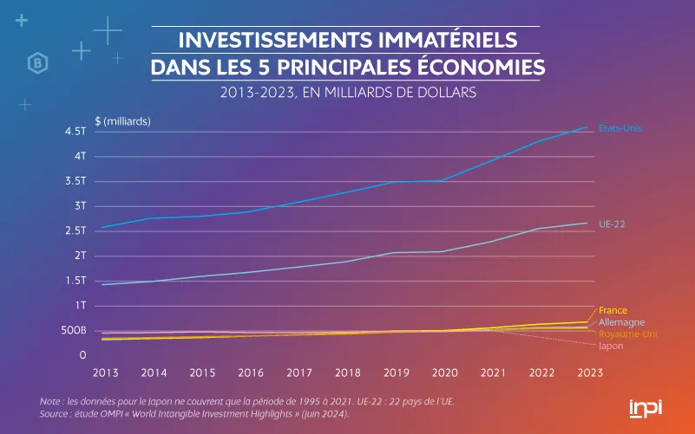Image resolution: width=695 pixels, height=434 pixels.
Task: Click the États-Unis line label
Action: pyautogui.click(x=620, y=129)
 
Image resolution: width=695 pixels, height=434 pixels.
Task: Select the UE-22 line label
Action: pyautogui.click(x=613, y=223)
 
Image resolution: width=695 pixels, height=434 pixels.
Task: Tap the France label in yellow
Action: pyautogui.click(x=613, y=310)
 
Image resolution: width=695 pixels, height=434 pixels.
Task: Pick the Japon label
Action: pyautogui.click(x=611, y=346)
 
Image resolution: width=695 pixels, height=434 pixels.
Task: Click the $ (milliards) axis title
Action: pyautogui.click(x=122, y=120)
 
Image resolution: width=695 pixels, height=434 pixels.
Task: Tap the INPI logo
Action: pyautogui.click(x=645, y=407)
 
